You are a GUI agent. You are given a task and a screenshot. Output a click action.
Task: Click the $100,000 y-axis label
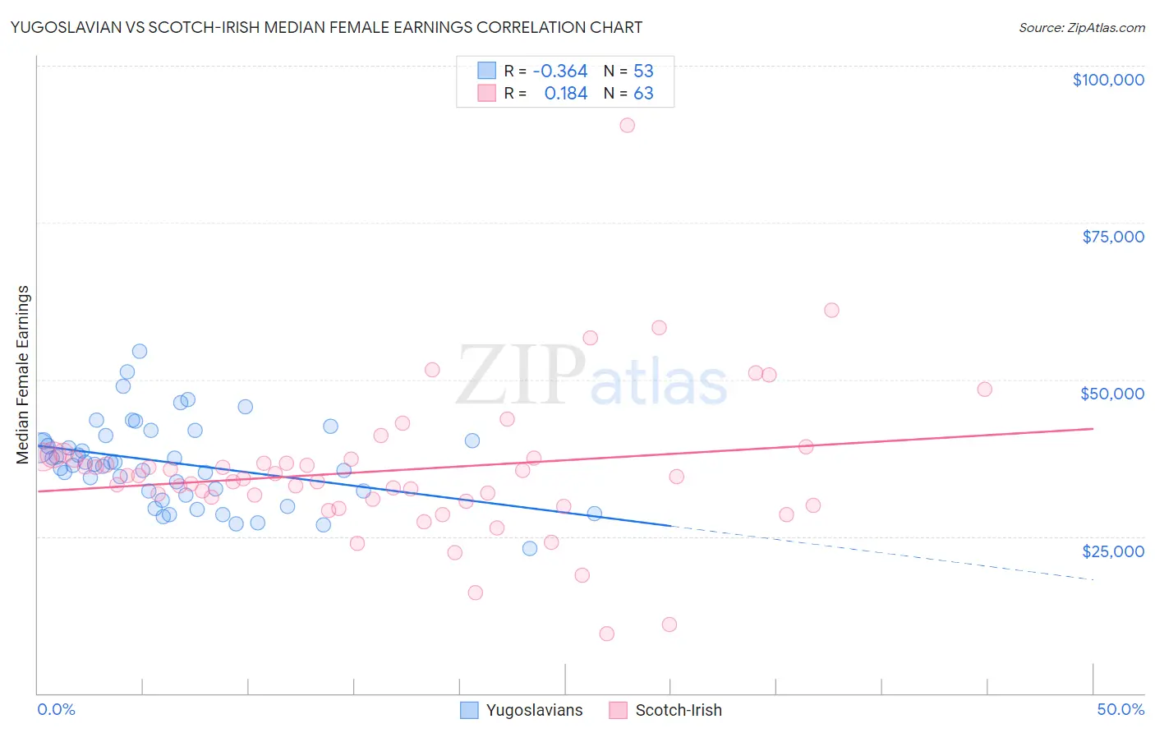[x=1107, y=80]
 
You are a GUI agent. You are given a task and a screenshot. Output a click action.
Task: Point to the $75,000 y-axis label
[x=1112, y=237]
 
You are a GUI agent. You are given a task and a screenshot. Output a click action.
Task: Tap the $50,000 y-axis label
[x=1111, y=394]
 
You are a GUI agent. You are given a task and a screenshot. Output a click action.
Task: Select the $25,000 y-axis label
[x=1112, y=551]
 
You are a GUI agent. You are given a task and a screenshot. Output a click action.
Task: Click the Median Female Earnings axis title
[x=23, y=375]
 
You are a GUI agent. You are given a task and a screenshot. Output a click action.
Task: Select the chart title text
[x=326, y=27]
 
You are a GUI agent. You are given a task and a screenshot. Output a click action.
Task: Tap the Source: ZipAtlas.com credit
[x=1081, y=27]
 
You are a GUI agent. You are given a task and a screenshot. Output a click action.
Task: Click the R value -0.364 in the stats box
[x=559, y=71]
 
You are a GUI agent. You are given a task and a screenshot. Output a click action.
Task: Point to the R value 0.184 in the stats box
[x=565, y=93]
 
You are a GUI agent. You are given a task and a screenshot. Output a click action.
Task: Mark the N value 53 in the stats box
[x=643, y=71]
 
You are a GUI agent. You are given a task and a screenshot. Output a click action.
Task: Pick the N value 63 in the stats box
[x=643, y=93]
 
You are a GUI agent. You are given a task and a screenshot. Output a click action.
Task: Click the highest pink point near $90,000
[x=627, y=125]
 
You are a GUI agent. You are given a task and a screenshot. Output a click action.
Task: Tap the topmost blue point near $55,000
[x=140, y=351]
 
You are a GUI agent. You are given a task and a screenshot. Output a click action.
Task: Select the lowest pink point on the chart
[x=607, y=634]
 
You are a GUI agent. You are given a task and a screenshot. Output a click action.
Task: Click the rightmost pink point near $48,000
[x=984, y=390]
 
